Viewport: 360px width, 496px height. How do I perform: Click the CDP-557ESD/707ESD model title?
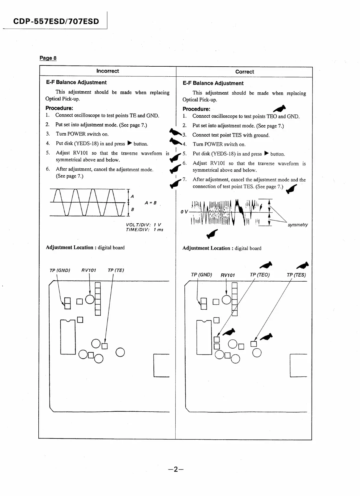point(56,21)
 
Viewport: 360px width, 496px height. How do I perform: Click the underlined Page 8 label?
point(48,58)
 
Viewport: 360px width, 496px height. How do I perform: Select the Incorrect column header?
point(108,71)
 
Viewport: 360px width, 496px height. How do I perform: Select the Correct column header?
point(244,72)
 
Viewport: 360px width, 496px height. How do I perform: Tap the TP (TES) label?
point(296,275)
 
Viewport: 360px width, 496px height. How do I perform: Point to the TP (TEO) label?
point(260,275)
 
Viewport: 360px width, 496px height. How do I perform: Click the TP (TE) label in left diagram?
point(116,270)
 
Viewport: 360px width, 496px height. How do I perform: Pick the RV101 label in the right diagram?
point(228,275)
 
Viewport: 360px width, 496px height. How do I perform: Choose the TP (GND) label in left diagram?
point(60,270)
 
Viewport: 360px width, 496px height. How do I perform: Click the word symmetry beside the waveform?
point(297,225)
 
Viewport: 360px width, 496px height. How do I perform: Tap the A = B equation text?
point(150,203)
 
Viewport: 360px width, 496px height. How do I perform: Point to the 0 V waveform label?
point(184,212)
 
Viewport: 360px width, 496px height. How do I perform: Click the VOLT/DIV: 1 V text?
point(143,225)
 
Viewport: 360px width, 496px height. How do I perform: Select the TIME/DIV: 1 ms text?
point(144,230)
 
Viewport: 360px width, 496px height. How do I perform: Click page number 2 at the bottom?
point(176,469)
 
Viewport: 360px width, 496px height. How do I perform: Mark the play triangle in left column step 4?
point(129,143)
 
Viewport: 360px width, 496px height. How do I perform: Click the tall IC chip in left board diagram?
point(68,337)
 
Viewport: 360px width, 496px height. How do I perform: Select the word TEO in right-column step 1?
point(271,116)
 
